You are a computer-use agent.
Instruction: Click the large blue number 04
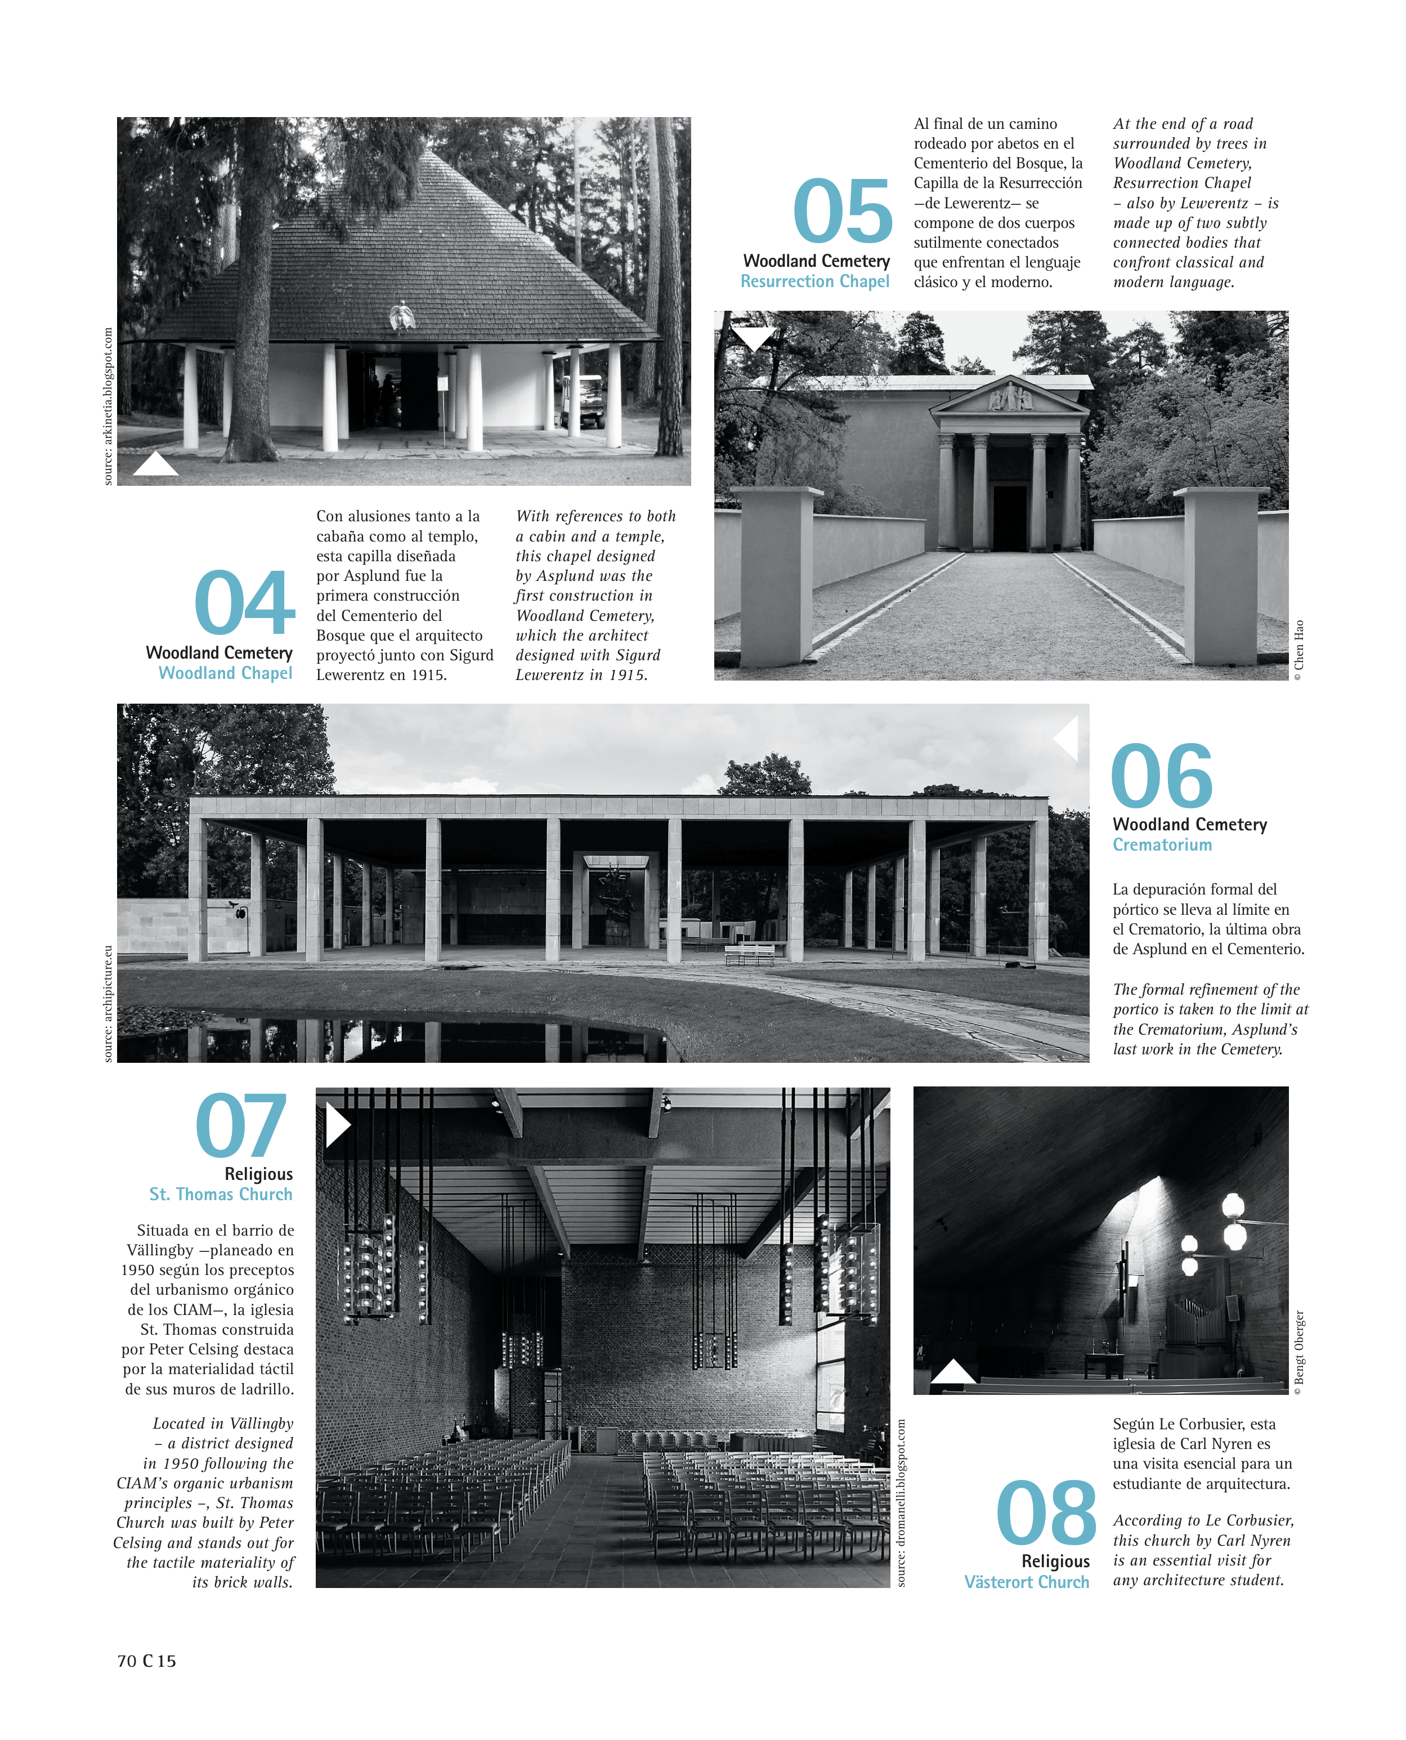click(245, 603)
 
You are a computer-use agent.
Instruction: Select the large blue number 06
click(1161, 776)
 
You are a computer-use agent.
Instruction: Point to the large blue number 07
click(241, 1126)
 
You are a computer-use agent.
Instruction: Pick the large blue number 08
click(1046, 1513)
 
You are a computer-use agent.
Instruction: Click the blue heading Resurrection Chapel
click(815, 282)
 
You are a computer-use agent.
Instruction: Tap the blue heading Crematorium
click(1162, 845)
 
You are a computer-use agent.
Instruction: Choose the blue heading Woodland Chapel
click(225, 673)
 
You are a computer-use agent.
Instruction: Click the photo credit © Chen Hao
click(1299, 650)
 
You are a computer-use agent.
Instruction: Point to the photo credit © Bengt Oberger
click(1299, 1352)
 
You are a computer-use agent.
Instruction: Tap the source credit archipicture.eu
click(108, 1003)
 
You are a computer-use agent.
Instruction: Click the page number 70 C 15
click(146, 1661)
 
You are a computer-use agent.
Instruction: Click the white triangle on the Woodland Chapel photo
click(155, 465)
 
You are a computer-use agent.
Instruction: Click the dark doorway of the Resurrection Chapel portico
click(1010, 518)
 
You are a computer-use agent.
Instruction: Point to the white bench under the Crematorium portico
click(749, 954)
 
